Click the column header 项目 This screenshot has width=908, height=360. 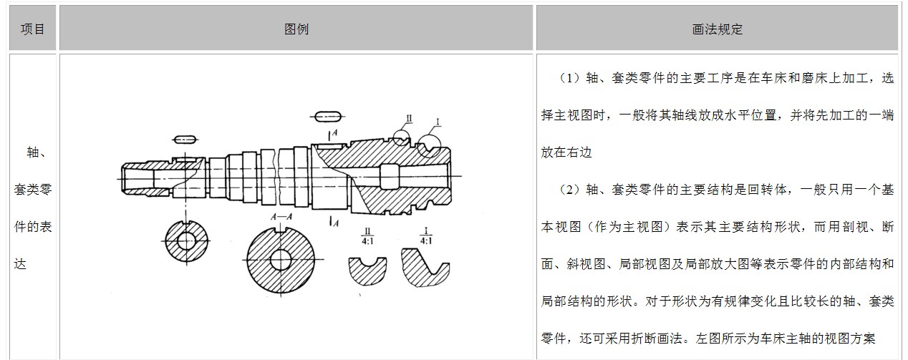point(33,29)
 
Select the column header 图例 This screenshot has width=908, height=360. point(296,29)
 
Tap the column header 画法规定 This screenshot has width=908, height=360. point(717,29)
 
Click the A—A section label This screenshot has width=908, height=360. point(280,216)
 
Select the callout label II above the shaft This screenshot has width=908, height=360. point(408,118)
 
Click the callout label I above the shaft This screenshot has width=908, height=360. point(437,122)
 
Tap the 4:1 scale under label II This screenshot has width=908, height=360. point(367,241)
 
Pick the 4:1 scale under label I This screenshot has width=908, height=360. point(426,241)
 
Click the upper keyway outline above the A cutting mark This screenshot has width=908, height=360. point(328,117)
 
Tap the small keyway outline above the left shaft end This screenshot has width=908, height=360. point(185,138)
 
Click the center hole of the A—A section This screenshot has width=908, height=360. point(280,257)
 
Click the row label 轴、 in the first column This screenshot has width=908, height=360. point(33,152)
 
